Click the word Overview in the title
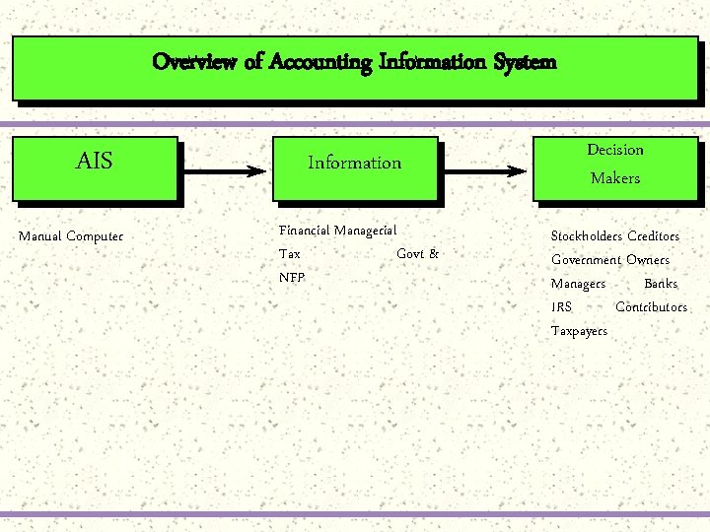pos(194,62)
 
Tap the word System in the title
pos(524,62)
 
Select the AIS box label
pos(95,162)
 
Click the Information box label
pos(354,164)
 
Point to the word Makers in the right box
pos(614,178)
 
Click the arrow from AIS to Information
pos(224,170)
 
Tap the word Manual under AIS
pos(40,236)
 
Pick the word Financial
pos(305,231)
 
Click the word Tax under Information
pos(290,254)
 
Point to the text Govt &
pos(417,254)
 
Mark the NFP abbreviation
pos(292,278)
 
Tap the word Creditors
pos(653,236)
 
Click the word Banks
pos(661,284)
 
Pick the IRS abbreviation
pos(561,307)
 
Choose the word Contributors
pos(651,307)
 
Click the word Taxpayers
pos(579,331)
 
